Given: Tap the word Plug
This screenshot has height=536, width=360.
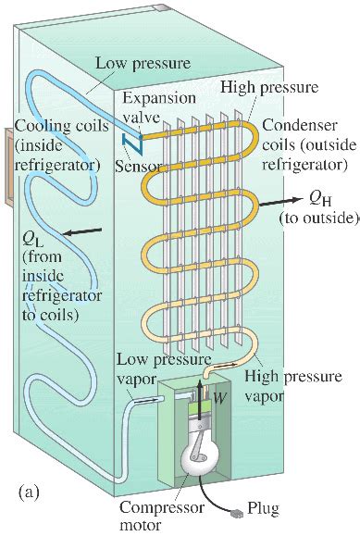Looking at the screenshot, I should click(267, 510).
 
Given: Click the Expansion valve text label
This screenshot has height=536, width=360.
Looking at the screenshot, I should click(147, 107).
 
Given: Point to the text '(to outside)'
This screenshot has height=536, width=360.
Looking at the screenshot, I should click(317, 218).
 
